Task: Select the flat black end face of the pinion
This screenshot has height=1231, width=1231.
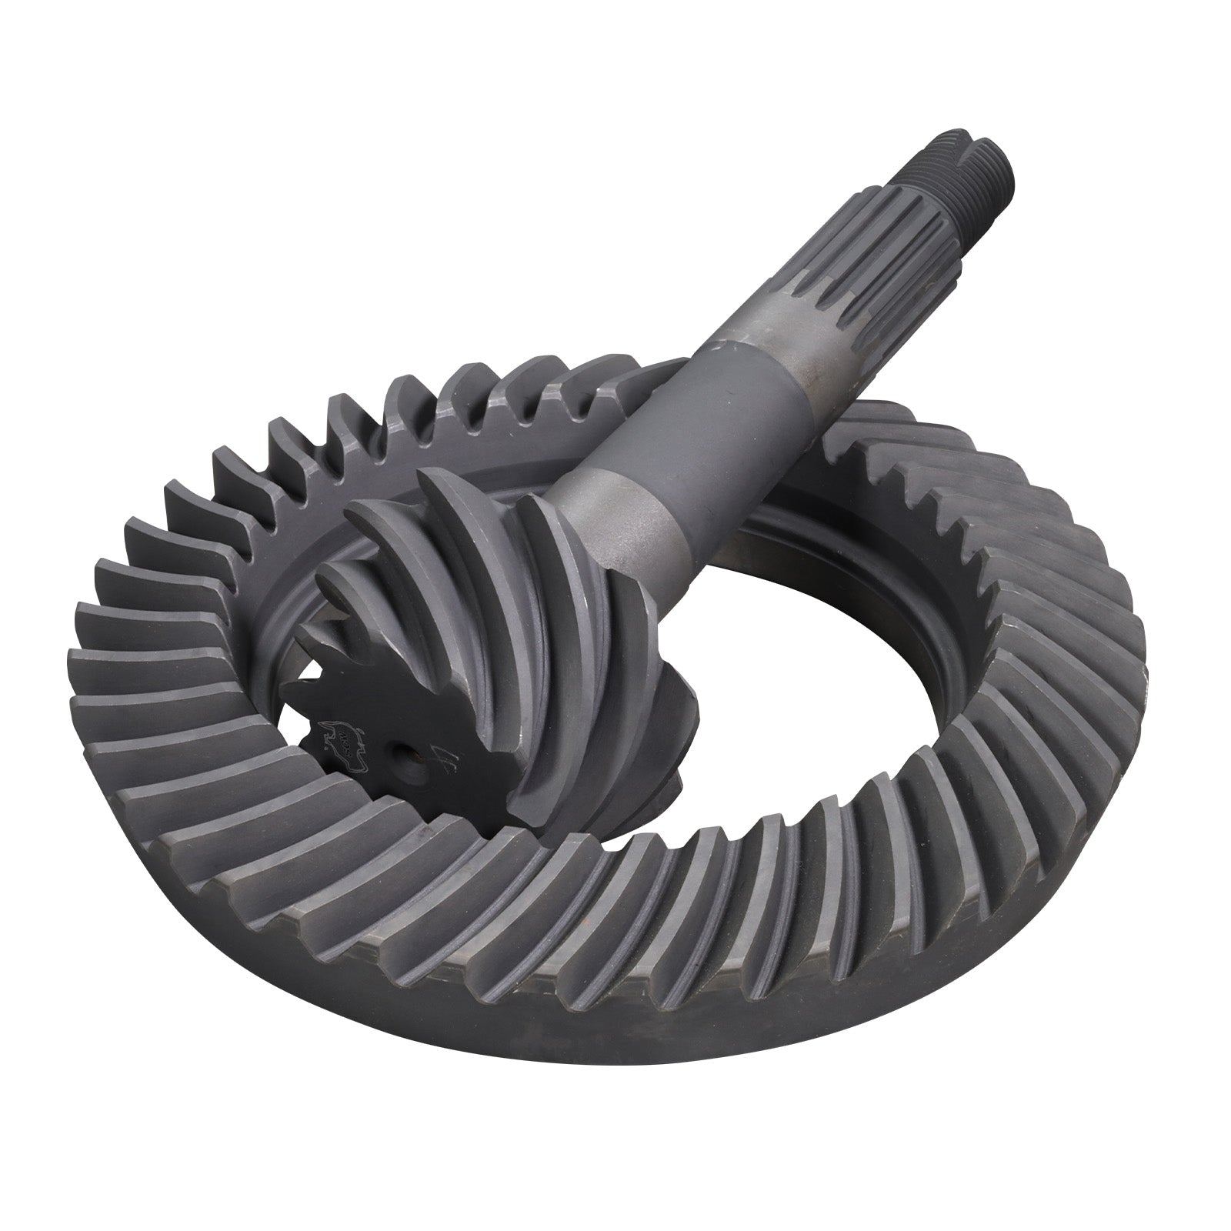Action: (369, 723)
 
